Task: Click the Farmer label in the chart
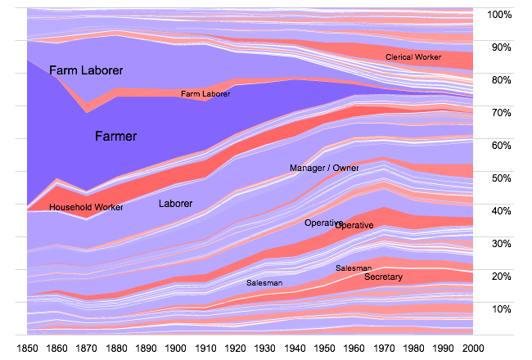[x=116, y=137]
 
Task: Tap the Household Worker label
[x=86, y=207]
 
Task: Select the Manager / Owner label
[x=324, y=168]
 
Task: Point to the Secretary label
[x=383, y=277]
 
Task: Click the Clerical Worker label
[x=413, y=57]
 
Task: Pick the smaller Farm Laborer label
[x=205, y=94]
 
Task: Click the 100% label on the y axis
[x=499, y=15]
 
